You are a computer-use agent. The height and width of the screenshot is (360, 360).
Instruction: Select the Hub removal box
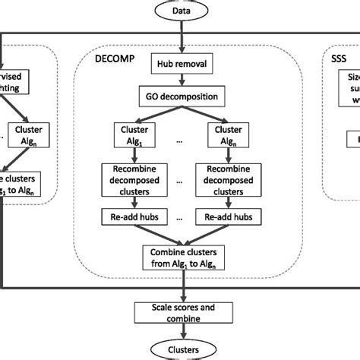click(181, 65)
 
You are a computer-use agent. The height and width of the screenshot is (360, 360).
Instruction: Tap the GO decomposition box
click(181, 96)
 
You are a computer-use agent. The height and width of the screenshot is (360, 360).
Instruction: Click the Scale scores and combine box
click(181, 313)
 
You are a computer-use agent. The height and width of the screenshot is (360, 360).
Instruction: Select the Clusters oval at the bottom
click(181, 349)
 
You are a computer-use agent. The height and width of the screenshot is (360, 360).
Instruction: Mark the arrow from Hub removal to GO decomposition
click(181, 81)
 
